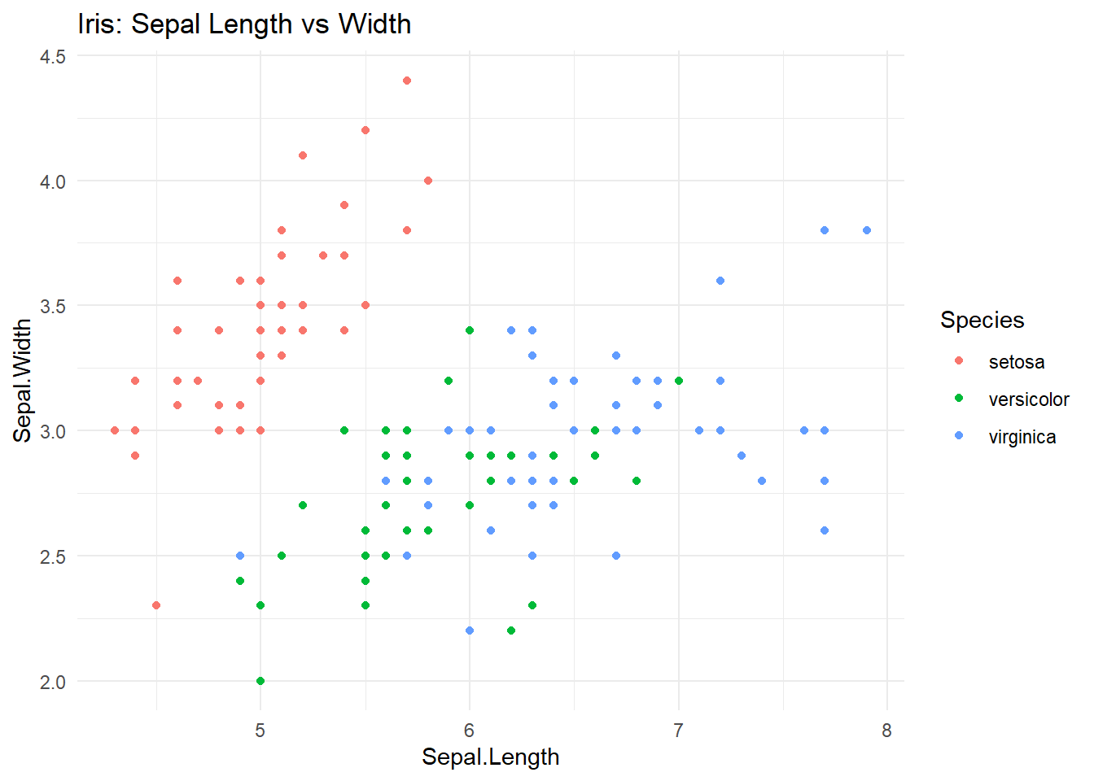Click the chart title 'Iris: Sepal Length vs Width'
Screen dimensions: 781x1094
tap(244, 24)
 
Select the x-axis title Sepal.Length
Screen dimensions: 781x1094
tap(490, 757)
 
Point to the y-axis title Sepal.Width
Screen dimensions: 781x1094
tap(23, 380)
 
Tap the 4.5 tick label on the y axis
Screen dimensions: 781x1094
tap(52, 56)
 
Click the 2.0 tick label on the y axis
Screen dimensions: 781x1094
tap(52, 682)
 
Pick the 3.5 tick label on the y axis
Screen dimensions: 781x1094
tap(52, 306)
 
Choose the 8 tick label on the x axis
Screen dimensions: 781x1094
tap(886, 731)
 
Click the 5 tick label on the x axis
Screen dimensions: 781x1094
tap(260, 731)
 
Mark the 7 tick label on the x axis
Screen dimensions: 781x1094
tap(678, 731)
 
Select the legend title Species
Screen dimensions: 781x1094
tap(982, 320)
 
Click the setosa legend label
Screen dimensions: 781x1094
tap(1016, 362)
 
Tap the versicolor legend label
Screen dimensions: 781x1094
tap(1028, 399)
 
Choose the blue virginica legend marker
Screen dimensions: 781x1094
tap(959, 436)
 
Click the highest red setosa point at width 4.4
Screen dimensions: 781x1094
tap(407, 81)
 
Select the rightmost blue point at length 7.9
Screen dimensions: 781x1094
tap(867, 230)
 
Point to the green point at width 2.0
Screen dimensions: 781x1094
tap(260, 681)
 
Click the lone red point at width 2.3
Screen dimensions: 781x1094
tap(156, 605)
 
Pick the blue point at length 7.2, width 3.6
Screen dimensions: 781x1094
tap(720, 281)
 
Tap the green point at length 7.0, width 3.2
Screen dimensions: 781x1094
tap(679, 381)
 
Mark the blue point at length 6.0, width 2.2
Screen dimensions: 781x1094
tap(470, 630)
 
